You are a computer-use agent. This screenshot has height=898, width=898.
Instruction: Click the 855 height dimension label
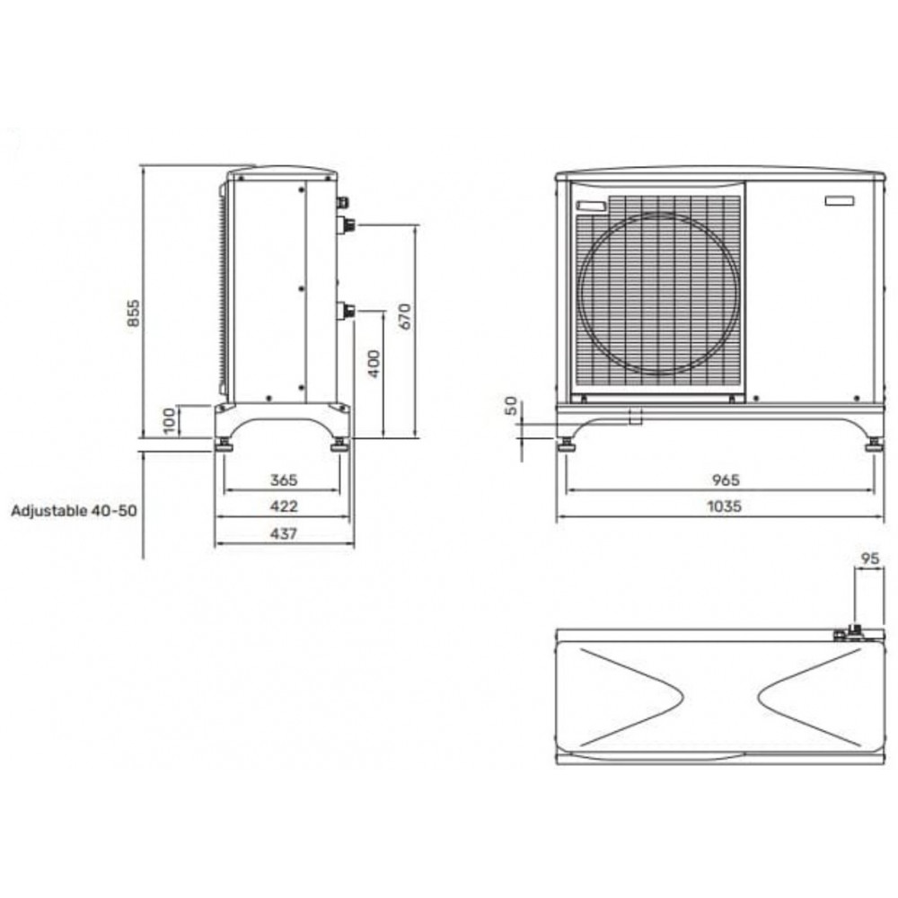click(x=133, y=313)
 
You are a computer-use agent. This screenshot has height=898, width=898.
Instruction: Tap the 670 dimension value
click(x=405, y=316)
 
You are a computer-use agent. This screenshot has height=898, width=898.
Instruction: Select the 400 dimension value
click(x=374, y=364)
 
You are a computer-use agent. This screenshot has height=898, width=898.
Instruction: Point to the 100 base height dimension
click(x=170, y=421)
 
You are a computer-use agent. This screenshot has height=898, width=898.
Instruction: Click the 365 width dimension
click(x=284, y=480)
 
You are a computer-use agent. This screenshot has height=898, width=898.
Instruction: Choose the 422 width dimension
click(x=284, y=506)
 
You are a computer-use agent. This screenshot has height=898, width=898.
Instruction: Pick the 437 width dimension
click(x=284, y=533)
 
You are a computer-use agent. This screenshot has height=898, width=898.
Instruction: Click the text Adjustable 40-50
click(x=75, y=510)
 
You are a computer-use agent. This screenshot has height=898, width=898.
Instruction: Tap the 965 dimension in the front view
click(x=726, y=480)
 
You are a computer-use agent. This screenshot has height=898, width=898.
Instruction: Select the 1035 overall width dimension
click(x=725, y=506)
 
